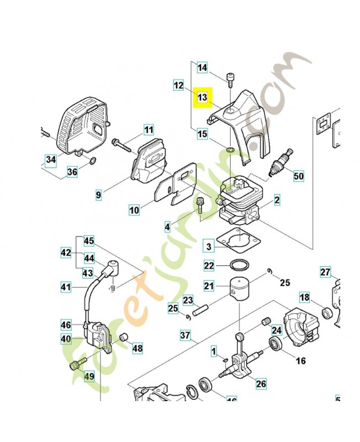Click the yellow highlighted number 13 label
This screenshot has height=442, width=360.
pyautogui.click(x=202, y=97)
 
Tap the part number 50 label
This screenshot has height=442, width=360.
pyautogui.click(x=298, y=176)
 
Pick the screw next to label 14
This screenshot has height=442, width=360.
pyautogui.click(x=229, y=79)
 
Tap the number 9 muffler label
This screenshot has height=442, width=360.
pyautogui.click(x=99, y=194)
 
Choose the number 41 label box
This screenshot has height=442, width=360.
pyautogui.click(x=66, y=286)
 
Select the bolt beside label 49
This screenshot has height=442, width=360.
pyautogui.click(x=76, y=364)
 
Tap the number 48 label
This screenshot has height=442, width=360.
pyautogui.click(x=137, y=349)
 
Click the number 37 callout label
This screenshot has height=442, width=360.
pyautogui.click(x=185, y=335)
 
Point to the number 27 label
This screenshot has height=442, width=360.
pyautogui.click(x=326, y=271)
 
